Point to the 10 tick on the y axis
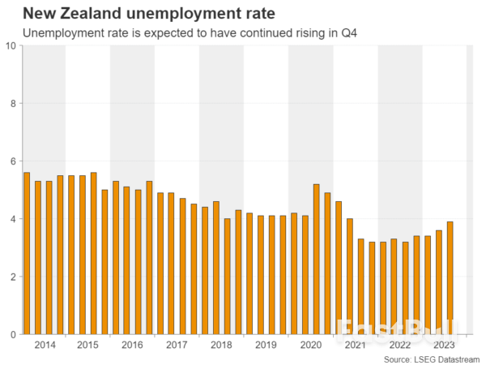11,45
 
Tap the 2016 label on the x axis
132,345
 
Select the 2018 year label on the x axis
221,345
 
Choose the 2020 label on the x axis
310,345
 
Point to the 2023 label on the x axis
444,345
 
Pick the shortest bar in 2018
227,277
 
